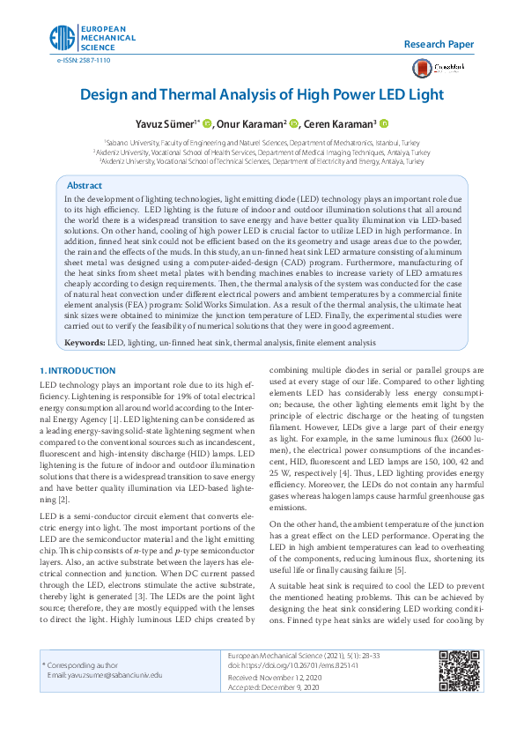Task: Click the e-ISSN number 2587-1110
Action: click(84, 60)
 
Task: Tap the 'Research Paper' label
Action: click(439, 44)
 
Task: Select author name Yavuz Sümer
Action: click(165, 124)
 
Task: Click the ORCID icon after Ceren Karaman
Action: click(385, 124)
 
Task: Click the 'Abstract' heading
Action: click(85, 186)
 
